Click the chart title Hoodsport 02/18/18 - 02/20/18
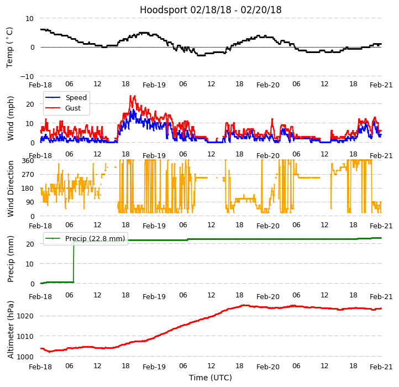point(211,10)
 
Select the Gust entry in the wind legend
point(74,108)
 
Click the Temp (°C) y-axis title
point(10,47)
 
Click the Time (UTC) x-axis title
point(211,378)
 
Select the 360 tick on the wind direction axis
point(28,160)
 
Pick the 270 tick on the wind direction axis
point(28,174)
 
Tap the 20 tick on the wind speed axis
point(30,103)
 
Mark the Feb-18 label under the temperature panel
point(40,85)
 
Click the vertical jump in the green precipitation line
point(73,262)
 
